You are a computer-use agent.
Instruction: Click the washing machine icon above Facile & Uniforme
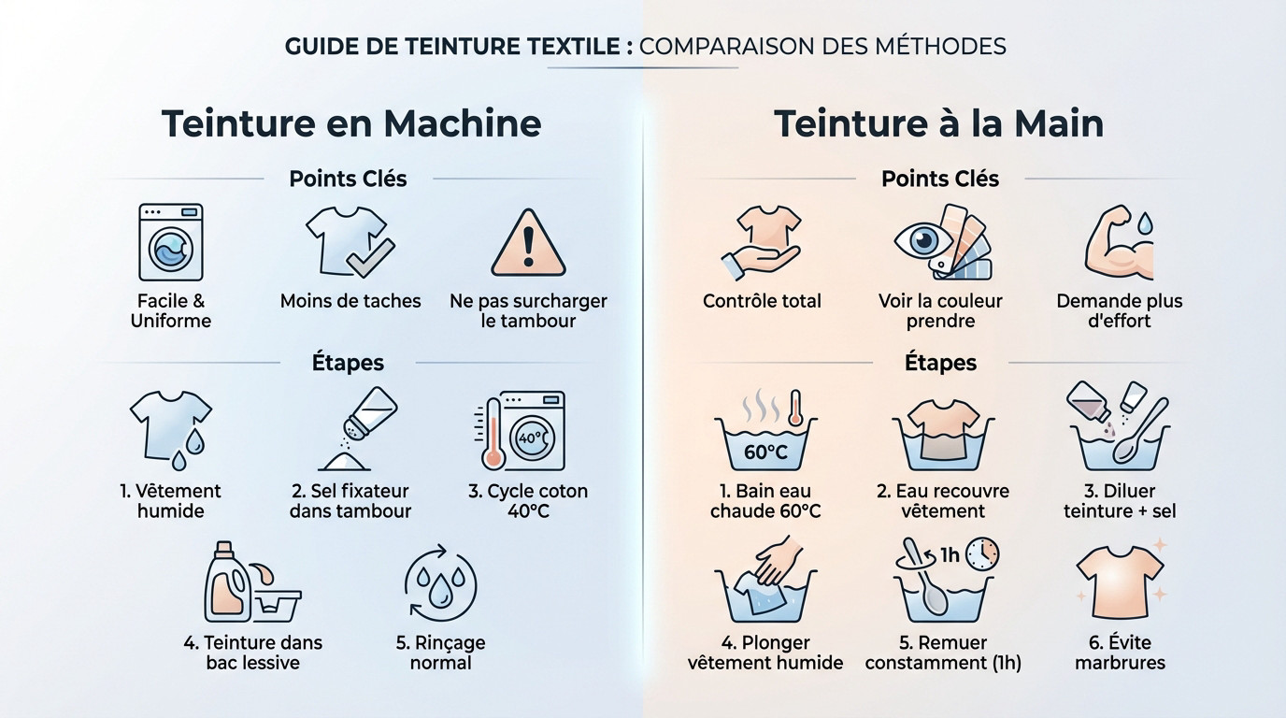(171, 242)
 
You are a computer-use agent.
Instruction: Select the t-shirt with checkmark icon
(348, 242)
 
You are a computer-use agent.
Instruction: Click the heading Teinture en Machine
(351, 124)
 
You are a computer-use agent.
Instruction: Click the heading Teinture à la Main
(939, 124)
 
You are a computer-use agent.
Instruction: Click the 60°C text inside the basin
(765, 452)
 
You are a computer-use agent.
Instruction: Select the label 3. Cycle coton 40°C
(528, 501)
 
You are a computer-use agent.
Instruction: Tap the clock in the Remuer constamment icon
(982, 553)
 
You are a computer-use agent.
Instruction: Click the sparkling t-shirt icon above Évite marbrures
(1120, 582)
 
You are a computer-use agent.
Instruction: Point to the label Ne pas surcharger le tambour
(528, 311)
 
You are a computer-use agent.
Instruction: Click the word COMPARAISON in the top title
(726, 46)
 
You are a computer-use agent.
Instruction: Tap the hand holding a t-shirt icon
(763, 243)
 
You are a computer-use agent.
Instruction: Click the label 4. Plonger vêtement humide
(765, 653)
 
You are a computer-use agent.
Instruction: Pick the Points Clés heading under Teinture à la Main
(940, 179)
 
